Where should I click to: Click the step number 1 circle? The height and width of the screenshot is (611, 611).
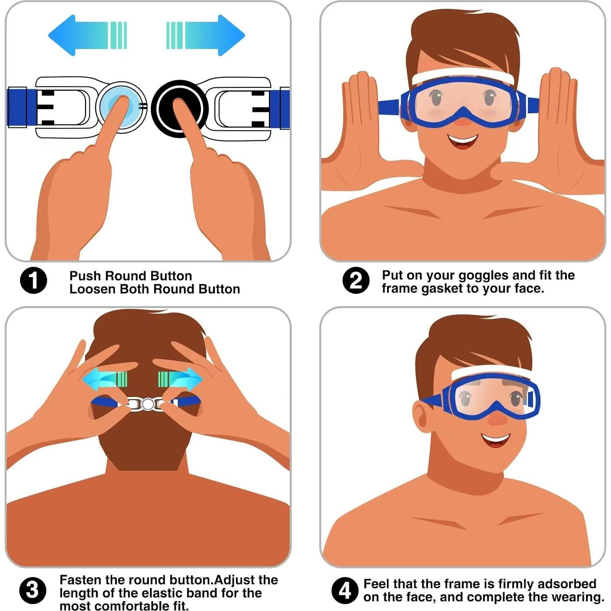click(x=34, y=281)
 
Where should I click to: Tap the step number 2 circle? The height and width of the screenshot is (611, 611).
click(x=356, y=281)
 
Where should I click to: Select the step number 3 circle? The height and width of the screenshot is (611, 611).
click(x=33, y=591)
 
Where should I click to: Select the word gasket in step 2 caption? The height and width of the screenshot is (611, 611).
click(x=443, y=289)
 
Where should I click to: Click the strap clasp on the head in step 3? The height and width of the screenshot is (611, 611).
click(x=148, y=404)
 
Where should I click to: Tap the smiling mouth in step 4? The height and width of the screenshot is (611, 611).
click(x=496, y=440)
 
